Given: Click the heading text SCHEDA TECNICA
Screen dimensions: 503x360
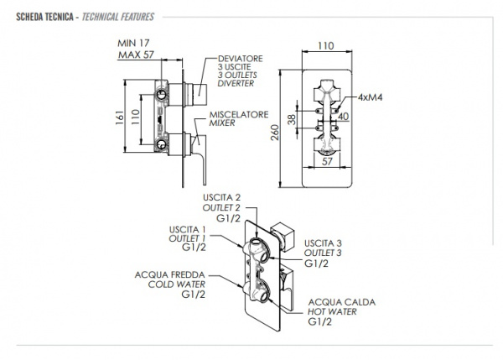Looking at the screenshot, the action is (x=44, y=17).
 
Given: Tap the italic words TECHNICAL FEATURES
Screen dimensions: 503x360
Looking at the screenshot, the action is (x=118, y=17).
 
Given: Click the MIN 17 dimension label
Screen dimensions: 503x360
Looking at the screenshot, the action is (x=133, y=43).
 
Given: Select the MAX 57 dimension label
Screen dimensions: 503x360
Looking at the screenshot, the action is (x=136, y=55).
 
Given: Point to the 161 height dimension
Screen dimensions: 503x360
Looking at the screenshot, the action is (x=119, y=117).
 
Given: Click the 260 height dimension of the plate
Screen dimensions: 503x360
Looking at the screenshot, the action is (x=275, y=133).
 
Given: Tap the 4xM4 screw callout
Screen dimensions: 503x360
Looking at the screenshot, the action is (x=371, y=97).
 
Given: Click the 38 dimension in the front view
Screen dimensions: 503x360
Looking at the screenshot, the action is (x=292, y=119).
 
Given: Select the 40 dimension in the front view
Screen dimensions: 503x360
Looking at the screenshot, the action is (x=343, y=117).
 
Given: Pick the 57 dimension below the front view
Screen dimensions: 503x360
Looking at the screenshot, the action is (x=327, y=161).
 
